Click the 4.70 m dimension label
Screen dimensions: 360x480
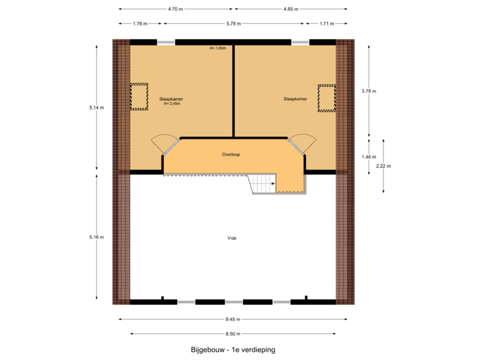tap(176, 9)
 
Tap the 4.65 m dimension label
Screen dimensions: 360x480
tap(291, 9)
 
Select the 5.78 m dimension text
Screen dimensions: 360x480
tap(233, 23)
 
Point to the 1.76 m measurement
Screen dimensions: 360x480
tap(139, 23)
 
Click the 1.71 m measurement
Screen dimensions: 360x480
tap(327, 23)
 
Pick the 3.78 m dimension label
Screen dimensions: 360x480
tap(369, 91)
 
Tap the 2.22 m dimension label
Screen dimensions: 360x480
tap(383, 166)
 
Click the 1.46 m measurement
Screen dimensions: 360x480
tap(369, 157)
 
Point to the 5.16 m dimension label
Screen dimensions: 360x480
tap(97, 237)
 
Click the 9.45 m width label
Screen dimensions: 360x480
tap(233, 319)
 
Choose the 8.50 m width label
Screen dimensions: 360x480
tap(233, 333)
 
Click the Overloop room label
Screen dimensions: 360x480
tap(231, 154)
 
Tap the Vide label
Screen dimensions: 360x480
tap(232, 237)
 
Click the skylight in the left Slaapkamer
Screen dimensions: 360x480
tap(139, 97)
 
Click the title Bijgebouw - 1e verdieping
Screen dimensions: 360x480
tap(233, 349)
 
